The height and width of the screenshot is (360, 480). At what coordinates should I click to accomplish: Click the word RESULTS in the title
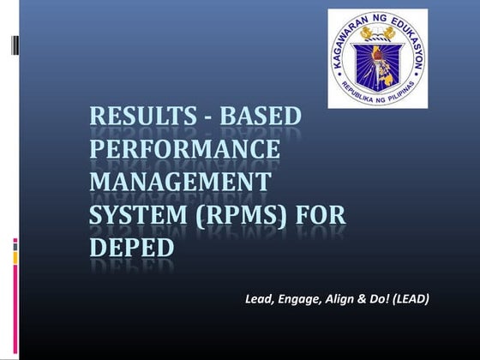click(x=138, y=117)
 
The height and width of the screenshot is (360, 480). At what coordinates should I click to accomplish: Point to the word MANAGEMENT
click(x=180, y=183)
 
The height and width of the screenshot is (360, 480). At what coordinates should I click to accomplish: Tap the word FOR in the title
click(x=321, y=215)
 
